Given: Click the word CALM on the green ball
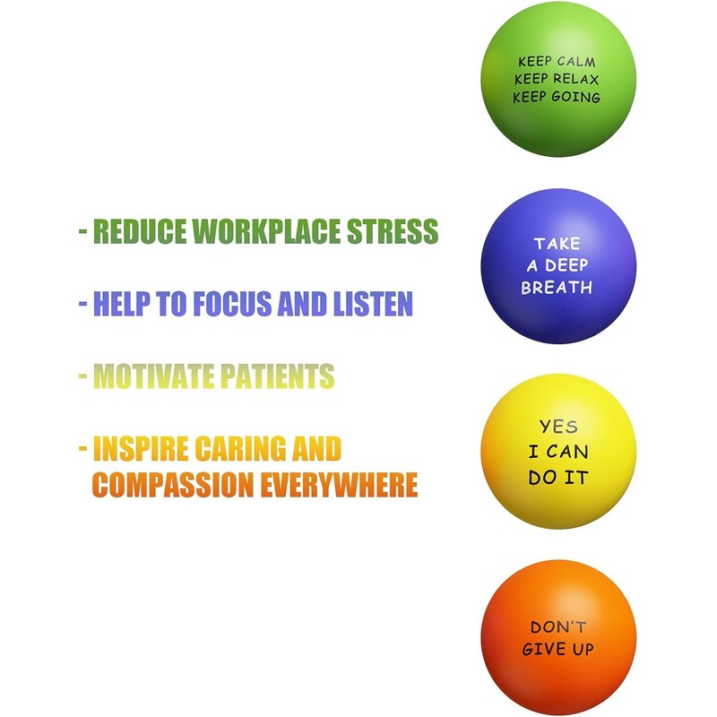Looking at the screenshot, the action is tap(577, 62).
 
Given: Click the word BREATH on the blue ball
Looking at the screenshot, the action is tap(557, 288).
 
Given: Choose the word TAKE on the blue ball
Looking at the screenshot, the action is tap(557, 243).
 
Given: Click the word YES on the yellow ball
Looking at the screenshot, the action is tap(557, 428).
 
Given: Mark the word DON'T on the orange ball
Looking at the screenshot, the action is tap(557, 627).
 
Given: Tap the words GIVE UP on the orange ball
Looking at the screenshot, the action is tap(557, 649).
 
